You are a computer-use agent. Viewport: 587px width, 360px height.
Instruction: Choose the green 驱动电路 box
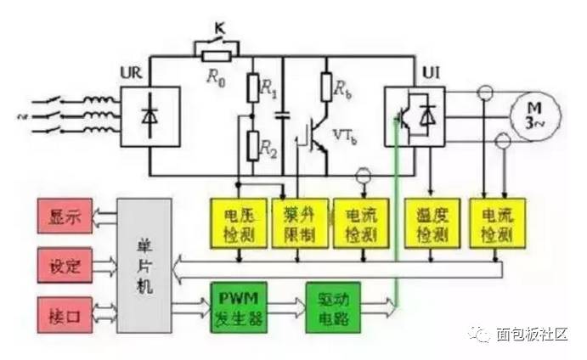click(x=332, y=309)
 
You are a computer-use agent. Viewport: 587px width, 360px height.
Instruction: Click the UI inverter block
click(x=415, y=117)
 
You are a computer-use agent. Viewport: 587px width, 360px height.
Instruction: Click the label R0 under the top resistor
click(x=214, y=75)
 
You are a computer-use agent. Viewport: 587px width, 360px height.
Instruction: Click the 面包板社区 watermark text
click(x=530, y=335)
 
